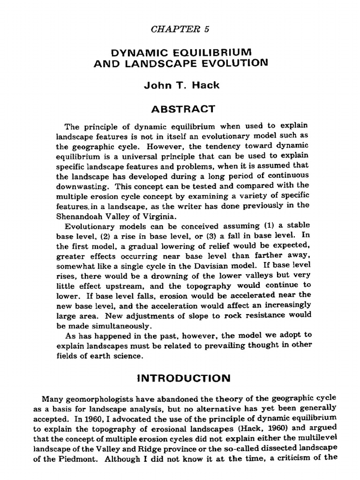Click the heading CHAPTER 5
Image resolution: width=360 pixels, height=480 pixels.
[180, 29]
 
